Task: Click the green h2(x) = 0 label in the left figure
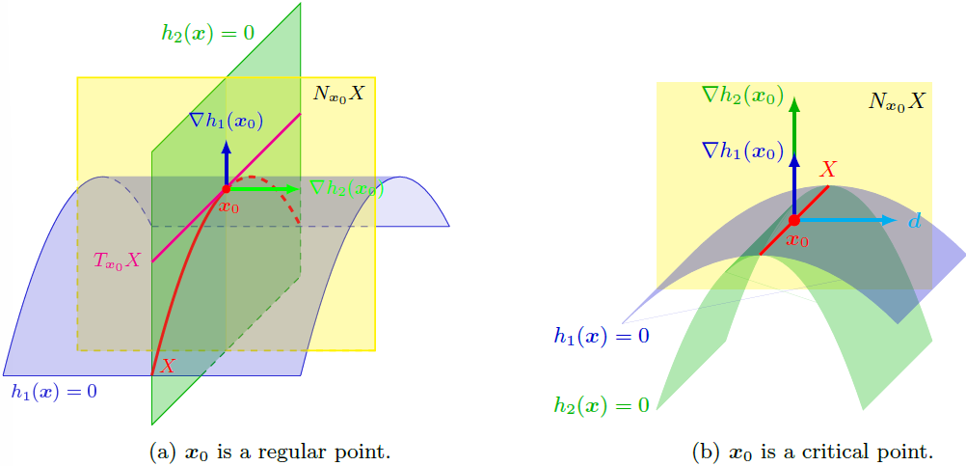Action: coord(207,33)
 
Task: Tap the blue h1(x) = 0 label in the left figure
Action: coord(54,392)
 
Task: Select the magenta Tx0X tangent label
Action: coord(118,260)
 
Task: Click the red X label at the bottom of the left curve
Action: coord(168,366)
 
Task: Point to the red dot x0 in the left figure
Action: coord(226,189)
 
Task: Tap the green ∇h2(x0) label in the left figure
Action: coord(346,189)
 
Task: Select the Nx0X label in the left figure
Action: coord(338,95)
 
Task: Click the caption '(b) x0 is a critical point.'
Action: coord(813,452)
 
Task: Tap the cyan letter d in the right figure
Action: coord(914,222)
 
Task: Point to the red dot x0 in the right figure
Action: coord(794,220)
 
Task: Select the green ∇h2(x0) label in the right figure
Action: coord(741,95)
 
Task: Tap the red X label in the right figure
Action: coord(826,170)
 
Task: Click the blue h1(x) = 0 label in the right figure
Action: coord(601,336)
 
